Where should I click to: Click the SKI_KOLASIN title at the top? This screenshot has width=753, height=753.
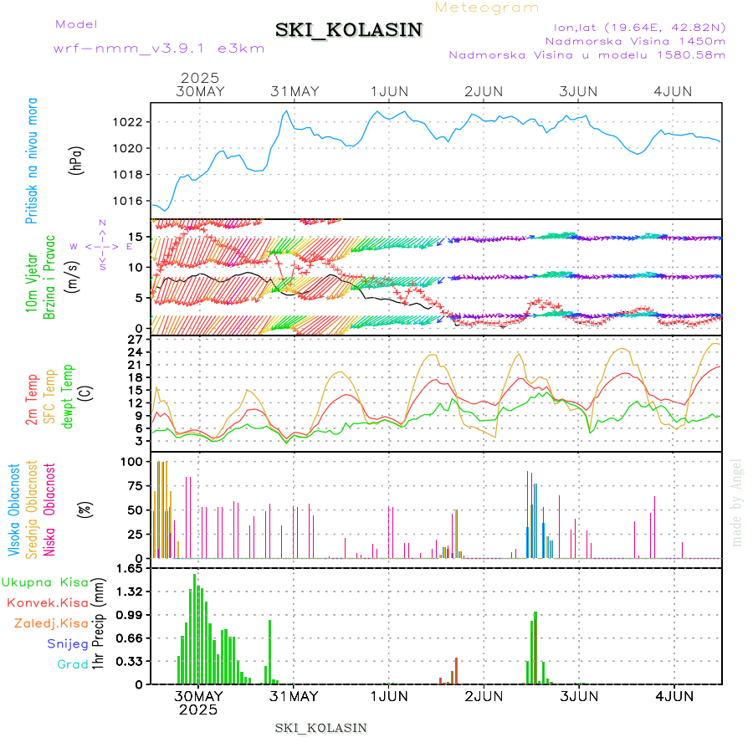pyautogui.click(x=349, y=30)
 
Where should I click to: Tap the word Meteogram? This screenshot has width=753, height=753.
pyautogui.click(x=488, y=8)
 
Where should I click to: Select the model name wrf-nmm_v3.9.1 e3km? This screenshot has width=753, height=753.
pyautogui.click(x=159, y=48)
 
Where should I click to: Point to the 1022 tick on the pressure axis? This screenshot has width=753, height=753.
pyautogui.click(x=128, y=122)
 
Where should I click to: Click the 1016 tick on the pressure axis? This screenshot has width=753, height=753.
pyautogui.click(x=128, y=201)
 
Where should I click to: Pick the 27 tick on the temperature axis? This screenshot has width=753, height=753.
pyautogui.click(x=135, y=340)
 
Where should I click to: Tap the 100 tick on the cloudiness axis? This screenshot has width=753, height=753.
pyautogui.click(x=131, y=461)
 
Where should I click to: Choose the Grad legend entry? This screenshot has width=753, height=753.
pyautogui.click(x=72, y=664)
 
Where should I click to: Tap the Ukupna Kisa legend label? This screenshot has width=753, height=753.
pyautogui.click(x=45, y=581)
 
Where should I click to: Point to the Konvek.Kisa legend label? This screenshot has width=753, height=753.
pyautogui.click(x=47, y=602)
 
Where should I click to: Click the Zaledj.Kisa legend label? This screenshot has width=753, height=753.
pyautogui.click(x=51, y=623)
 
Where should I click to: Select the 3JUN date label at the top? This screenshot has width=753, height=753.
pyautogui.click(x=578, y=91)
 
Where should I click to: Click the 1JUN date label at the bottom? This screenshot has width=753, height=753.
pyautogui.click(x=388, y=695)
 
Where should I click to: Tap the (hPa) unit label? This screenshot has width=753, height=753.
pyautogui.click(x=76, y=161)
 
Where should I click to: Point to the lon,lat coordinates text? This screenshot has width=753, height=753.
pyautogui.click(x=633, y=26)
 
